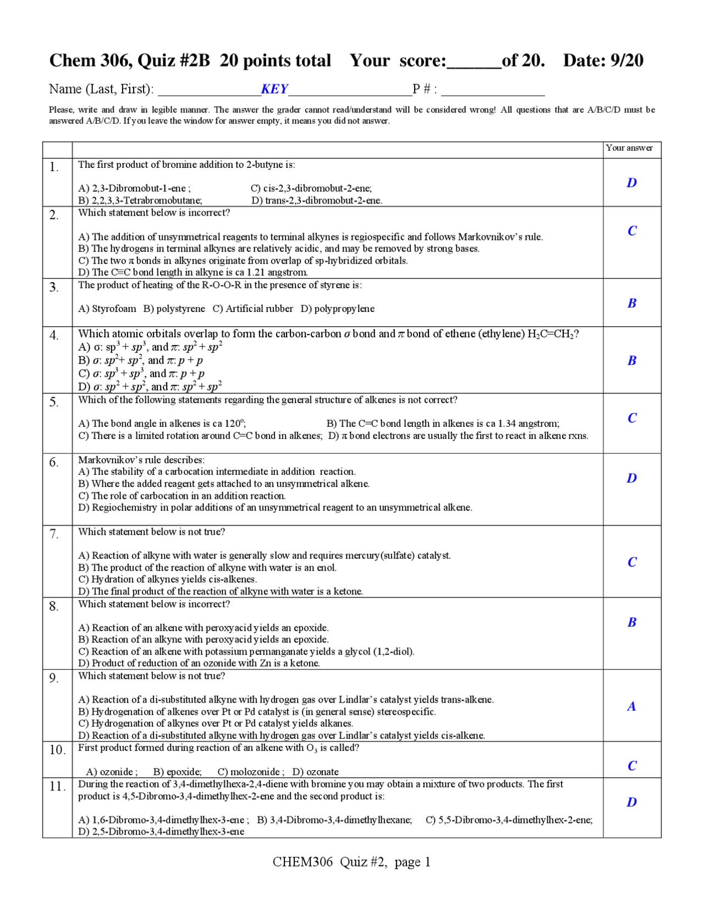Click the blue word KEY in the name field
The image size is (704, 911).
point(274,89)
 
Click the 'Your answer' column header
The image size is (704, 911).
point(629,148)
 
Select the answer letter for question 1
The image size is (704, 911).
point(631,183)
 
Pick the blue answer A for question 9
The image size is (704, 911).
point(631,706)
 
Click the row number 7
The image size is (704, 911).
point(54,534)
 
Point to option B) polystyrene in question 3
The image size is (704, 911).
point(174,309)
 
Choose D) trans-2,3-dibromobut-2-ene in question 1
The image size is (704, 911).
point(317,200)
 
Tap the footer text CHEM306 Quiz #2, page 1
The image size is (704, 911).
point(351,861)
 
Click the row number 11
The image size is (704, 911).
point(57,786)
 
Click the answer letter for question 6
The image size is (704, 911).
point(631,478)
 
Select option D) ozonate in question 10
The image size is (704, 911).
point(315,772)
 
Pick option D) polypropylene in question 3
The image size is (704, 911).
point(337,309)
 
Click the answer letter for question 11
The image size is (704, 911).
point(631,802)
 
